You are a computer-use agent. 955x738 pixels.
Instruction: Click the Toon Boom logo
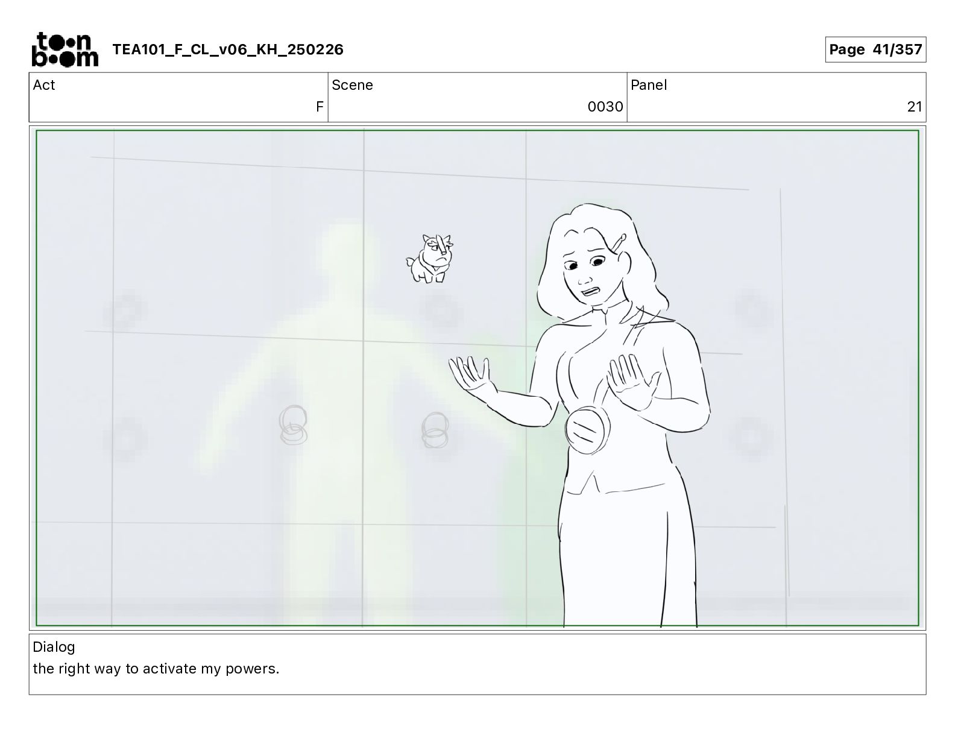65,49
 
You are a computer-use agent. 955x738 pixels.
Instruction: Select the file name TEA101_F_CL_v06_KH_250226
228,49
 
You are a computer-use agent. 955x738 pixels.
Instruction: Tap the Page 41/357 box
875,49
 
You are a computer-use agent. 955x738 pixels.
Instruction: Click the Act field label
44,85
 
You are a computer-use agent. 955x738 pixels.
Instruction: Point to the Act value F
320,106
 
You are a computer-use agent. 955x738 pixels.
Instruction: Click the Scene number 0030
605,106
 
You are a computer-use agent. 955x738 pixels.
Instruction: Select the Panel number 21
914,106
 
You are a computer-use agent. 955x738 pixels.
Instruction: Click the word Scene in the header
352,85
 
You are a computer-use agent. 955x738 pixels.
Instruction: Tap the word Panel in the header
648,85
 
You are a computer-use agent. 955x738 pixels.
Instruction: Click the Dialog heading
54,647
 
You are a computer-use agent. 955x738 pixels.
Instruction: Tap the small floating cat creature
430,259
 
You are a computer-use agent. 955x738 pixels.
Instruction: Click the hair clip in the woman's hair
618,244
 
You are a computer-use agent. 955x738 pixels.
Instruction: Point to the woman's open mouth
590,292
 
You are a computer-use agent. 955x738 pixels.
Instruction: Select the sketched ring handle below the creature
435,430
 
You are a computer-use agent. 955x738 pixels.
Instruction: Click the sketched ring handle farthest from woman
293,424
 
